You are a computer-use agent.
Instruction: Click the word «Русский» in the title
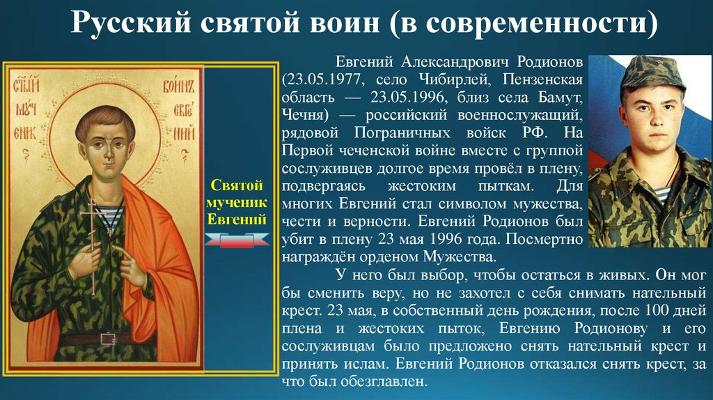pyautogui.click(x=131, y=22)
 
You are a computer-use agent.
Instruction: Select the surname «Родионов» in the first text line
pyautogui.click(x=550, y=61)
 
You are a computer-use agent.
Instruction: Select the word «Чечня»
pyautogui.click(x=302, y=115)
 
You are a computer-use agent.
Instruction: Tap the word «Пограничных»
pyautogui.click(x=402, y=133)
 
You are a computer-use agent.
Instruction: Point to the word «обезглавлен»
pyautogui.click(x=384, y=382)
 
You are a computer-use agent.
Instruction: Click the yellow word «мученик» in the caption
pyautogui.click(x=237, y=203)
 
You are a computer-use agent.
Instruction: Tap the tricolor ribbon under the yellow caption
pyautogui.click(x=237, y=240)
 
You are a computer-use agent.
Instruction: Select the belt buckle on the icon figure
pyautogui.click(x=108, y=339)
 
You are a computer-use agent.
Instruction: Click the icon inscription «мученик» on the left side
pyautogui.click(x=26, y=118)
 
